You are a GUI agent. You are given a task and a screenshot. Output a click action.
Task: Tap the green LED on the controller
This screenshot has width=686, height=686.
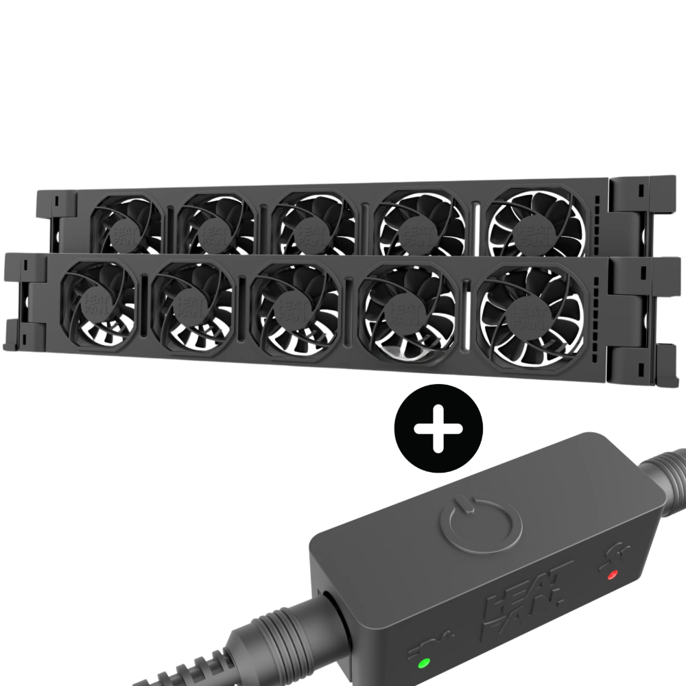[424, 663]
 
